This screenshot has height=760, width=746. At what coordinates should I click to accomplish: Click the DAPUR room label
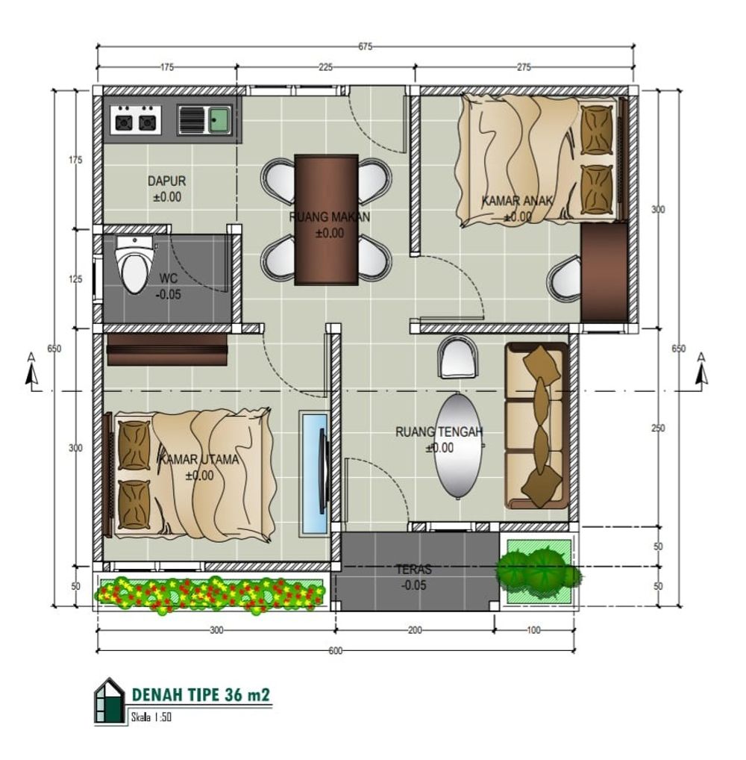pos(166,181)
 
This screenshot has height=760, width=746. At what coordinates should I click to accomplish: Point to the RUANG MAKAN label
pos(330,217)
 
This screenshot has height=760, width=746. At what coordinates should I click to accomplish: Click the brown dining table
pos(327,219)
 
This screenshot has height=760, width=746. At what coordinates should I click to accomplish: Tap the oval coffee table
pos(458,446)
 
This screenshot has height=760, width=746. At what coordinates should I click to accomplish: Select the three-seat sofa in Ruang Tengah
pos(536,426)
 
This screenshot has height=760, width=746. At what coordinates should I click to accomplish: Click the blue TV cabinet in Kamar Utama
pos(314,473)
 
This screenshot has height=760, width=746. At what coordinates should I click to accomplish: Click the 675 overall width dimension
pos(366,46)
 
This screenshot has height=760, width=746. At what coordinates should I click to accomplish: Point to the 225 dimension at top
pos(325,67)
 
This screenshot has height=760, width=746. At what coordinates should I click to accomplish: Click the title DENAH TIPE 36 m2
pos(201,695)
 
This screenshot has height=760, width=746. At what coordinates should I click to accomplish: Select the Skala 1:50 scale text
pos(151,717)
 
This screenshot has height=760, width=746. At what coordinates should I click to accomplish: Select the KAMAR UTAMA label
pos(199,459)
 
